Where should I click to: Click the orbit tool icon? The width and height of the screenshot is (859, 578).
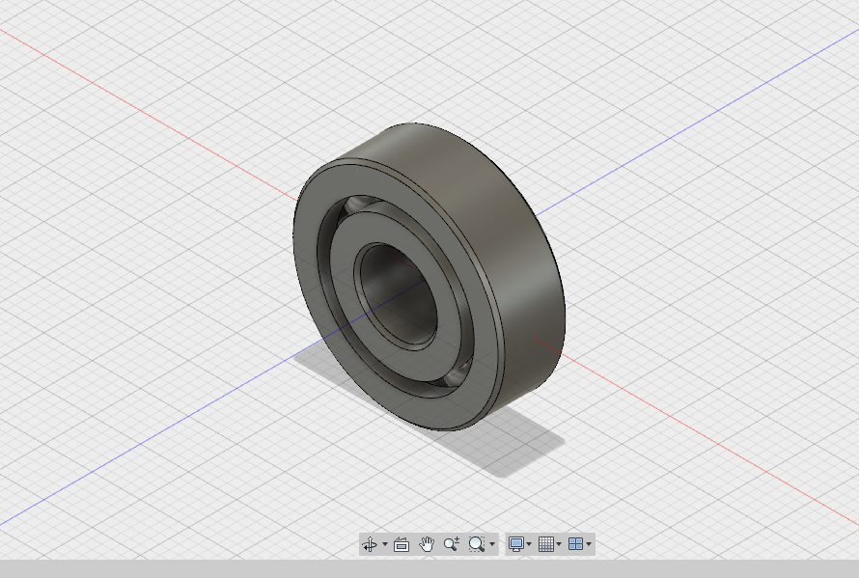[370, 544]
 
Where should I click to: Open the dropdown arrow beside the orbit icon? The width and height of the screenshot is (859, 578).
[385, 544]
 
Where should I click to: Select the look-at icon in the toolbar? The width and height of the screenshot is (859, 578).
[402, 544]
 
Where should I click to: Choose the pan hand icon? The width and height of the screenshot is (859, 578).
[427, 544]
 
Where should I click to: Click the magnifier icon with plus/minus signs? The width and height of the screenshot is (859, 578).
[451, 544]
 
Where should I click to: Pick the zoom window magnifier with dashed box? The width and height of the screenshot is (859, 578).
[476, 544]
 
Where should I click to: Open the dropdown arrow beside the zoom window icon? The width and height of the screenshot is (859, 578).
[492, 544]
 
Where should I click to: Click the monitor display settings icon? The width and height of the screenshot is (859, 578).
[516, 544]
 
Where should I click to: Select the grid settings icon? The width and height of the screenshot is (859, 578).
[545, 544]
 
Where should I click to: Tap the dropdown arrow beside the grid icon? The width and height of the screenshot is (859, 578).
[559, 544]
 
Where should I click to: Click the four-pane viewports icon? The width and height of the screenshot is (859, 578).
[575, 544]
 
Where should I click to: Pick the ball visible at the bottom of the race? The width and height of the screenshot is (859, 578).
[456, 373]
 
